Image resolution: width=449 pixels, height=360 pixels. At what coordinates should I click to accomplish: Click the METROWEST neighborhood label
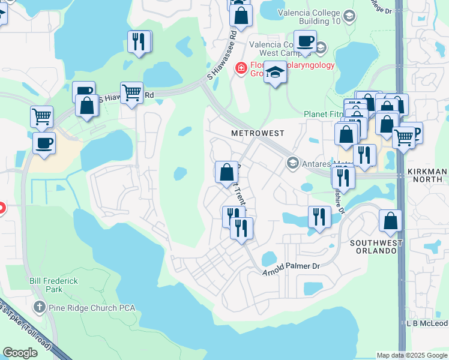click(258, 133)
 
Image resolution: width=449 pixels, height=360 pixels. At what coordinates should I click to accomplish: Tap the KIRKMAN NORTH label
click(428, 176)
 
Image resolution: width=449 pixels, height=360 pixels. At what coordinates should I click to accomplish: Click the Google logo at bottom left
click(20, 353)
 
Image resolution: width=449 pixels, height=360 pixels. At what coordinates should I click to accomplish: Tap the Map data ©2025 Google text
click(411, 355)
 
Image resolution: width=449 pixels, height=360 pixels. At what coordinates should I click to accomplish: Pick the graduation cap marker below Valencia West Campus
click(276, 72)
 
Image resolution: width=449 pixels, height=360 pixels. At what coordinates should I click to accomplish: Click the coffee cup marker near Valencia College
click(305, 41)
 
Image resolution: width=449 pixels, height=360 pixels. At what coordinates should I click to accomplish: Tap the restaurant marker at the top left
click(139, 41)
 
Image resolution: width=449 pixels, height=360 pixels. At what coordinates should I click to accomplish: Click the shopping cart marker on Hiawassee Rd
click(131, 93)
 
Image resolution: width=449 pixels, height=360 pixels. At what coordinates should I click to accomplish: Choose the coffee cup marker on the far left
click(43, 143)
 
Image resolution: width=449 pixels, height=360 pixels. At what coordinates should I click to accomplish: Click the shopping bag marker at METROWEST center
click(226, 172)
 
